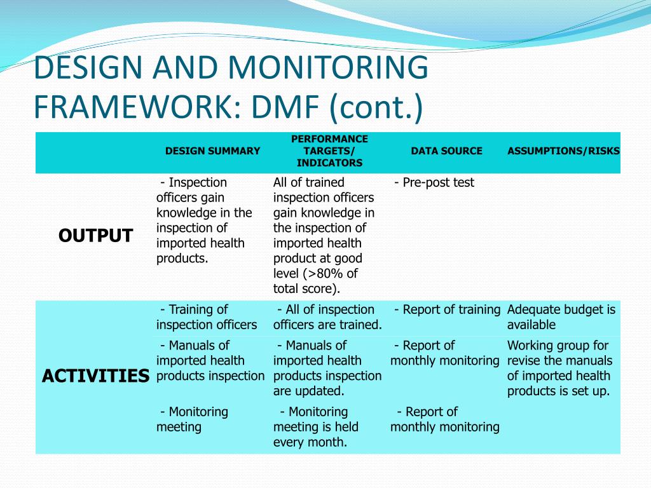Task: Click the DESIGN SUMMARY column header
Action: [212, 151]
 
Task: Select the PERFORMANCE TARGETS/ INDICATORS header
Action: [329, 151]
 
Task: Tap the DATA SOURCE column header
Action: [446, 151]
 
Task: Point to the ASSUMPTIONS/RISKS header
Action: [563, 151]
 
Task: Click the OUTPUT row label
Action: [95, 236]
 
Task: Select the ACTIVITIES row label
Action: [95, 376]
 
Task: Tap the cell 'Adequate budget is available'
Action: [561, 318]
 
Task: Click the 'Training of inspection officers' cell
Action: [207, 318]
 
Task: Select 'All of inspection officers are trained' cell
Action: [327, 318]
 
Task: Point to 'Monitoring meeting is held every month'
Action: [316, 427]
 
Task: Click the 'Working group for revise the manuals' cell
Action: [559, 369]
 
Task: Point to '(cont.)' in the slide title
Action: [375, 106]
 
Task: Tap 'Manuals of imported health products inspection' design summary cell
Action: [210, 361]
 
